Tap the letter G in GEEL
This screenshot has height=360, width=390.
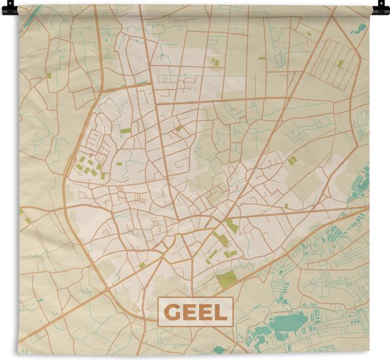(172, 311)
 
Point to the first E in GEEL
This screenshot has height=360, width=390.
(188, 311)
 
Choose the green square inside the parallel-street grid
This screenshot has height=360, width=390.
(340, 63)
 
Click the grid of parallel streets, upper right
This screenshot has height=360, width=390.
(333, 60)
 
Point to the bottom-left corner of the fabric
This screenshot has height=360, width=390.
(19, 352)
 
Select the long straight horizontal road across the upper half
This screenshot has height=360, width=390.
(241, 99)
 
